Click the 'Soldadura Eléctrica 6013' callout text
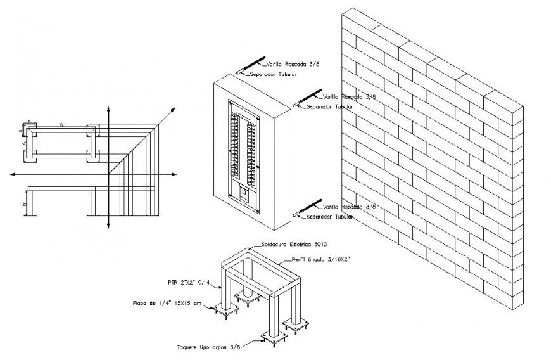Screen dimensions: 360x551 (x=293, y=244)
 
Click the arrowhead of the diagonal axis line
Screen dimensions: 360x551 (x=173, y=110)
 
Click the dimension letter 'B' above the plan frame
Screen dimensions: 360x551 (x=61, y=124)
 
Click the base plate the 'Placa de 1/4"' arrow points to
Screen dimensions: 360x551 (x=226, y=309)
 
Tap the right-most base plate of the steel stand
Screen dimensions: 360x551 (x=296, y=325)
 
